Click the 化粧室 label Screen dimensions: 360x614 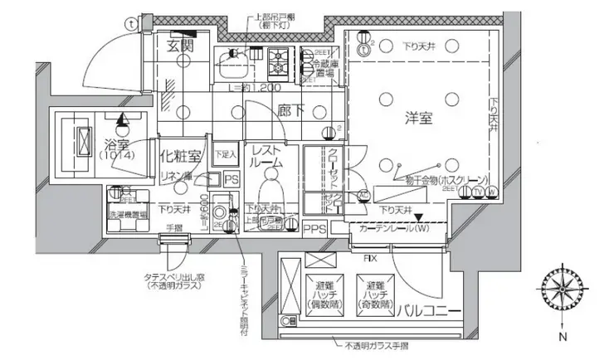point(178,155)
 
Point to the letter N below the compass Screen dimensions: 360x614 point(562,337)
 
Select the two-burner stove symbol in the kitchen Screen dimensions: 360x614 point(277,59)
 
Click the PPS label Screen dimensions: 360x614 point(314,228)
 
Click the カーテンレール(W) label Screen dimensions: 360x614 point(393,227)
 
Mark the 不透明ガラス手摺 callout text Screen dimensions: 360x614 point(378,342)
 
